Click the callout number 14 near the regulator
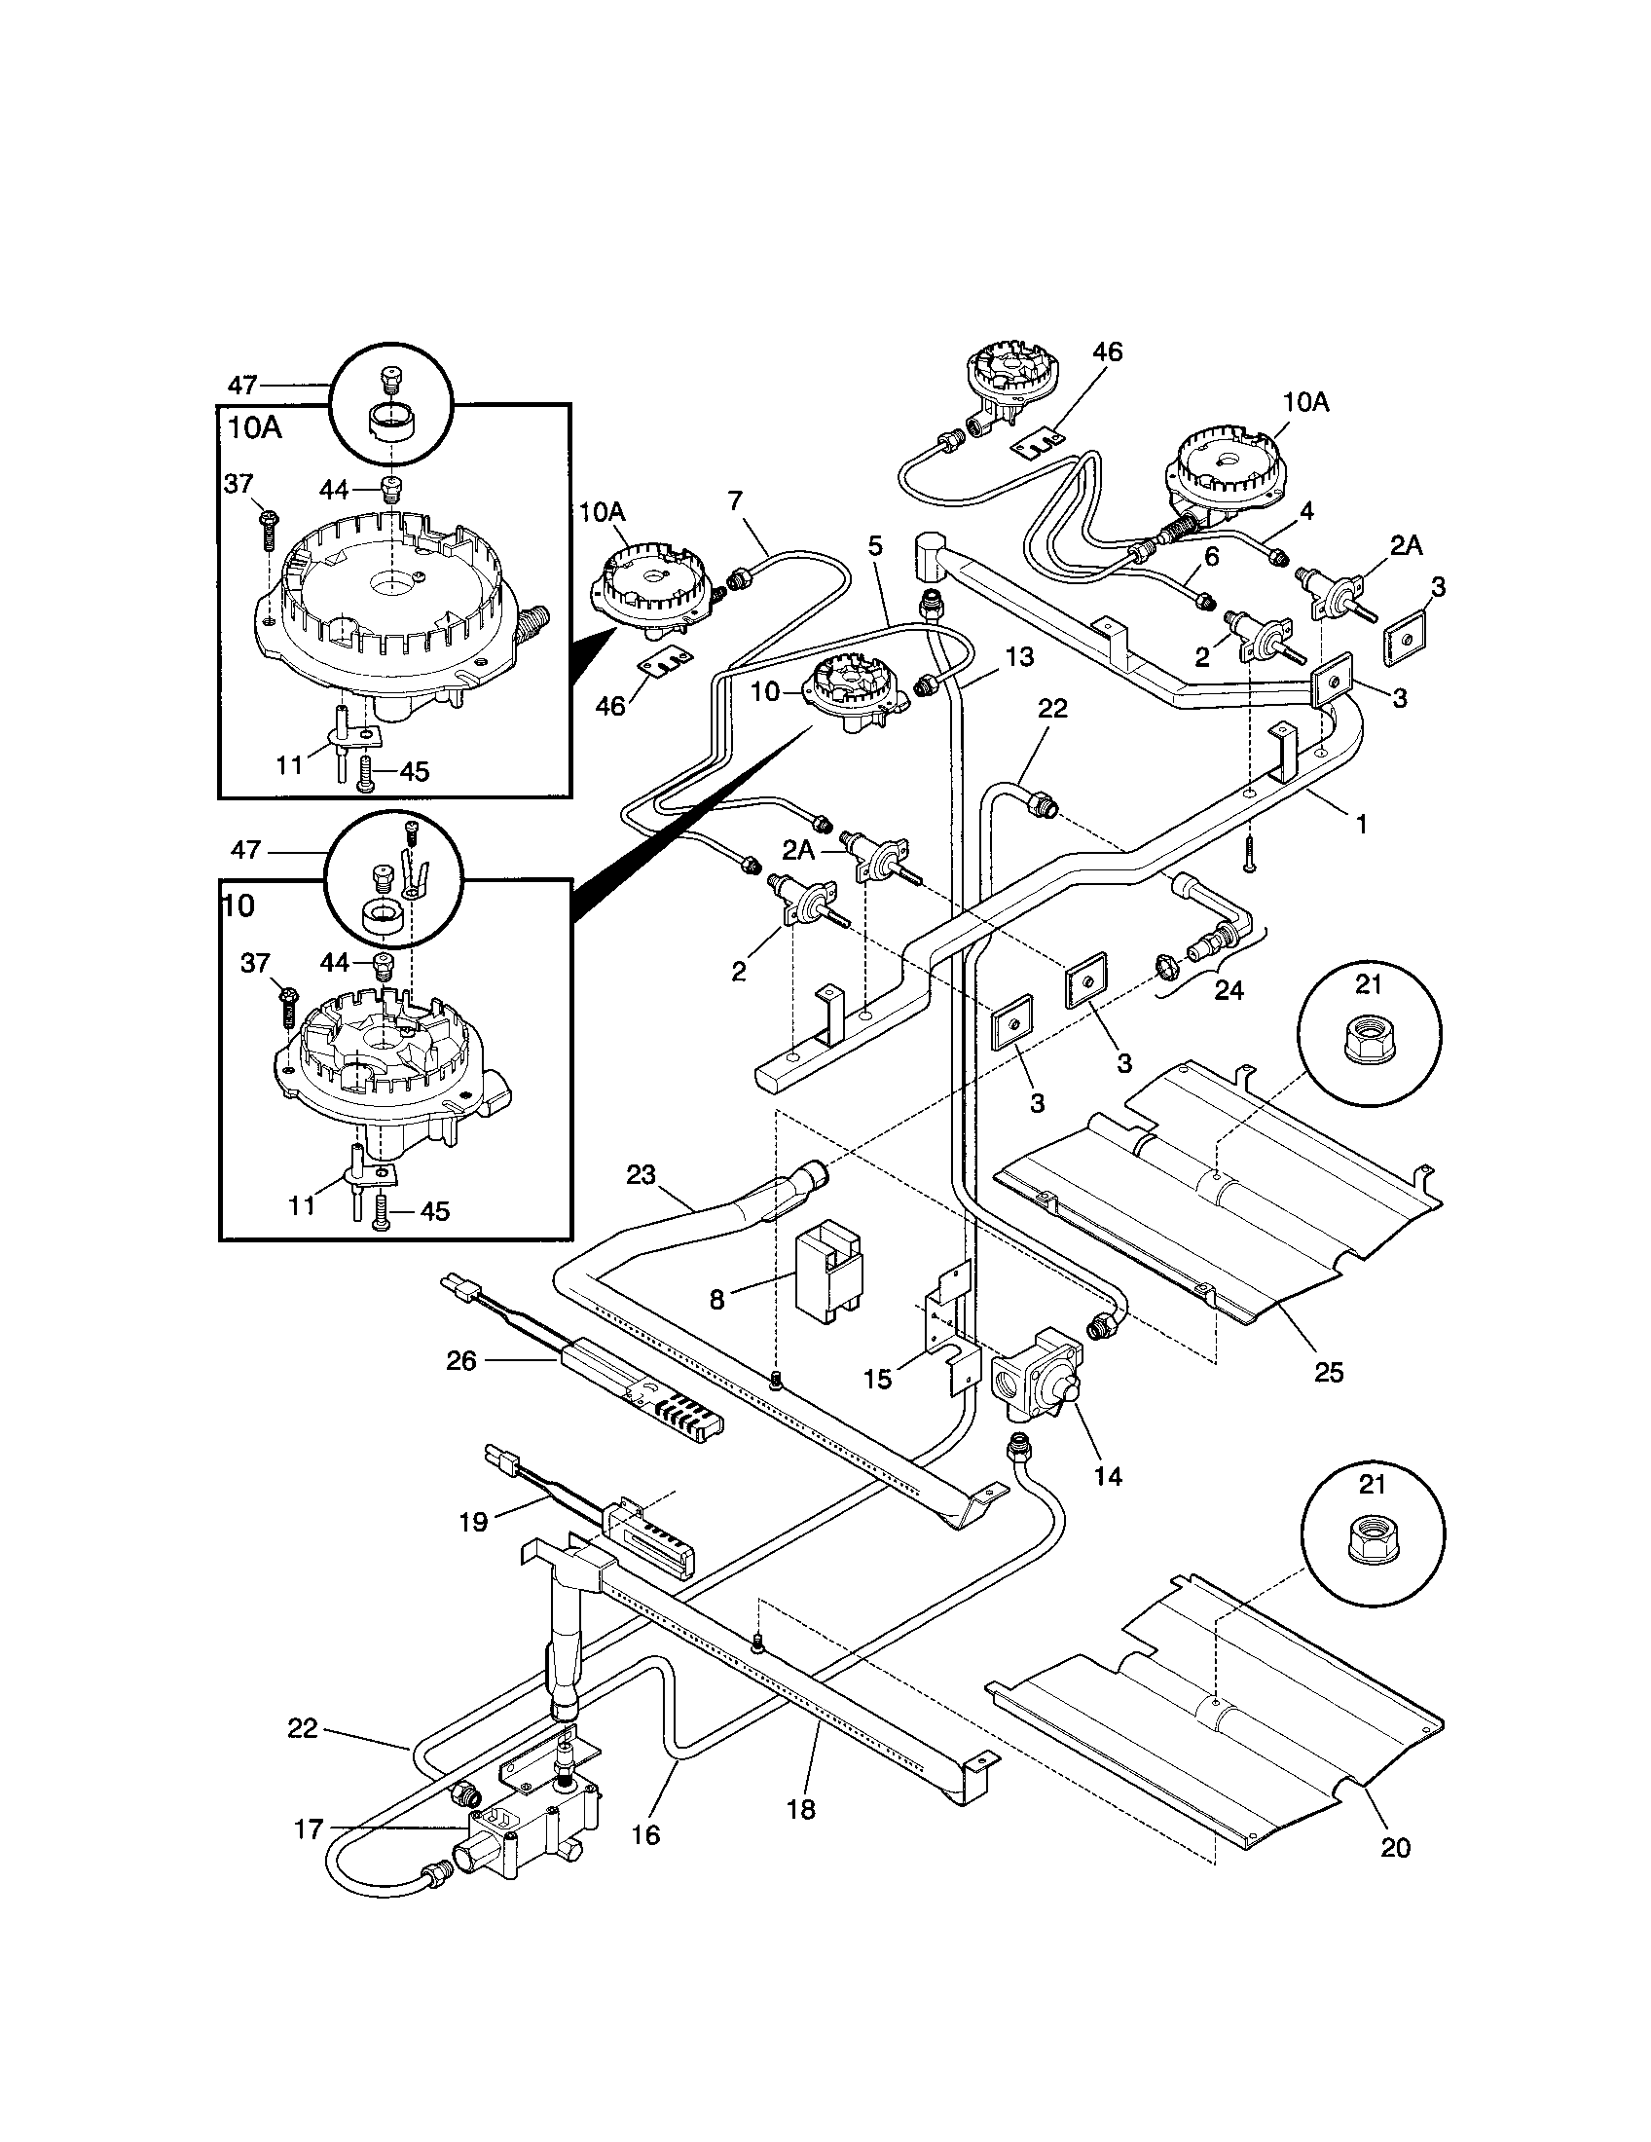click(x=1108, y=1475)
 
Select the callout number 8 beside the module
click(x=716, y=1300)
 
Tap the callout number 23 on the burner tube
click(x=641, y=1174)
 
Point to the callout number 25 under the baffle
click(x=1329, y=1372)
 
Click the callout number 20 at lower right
click(x=1395, y=1847)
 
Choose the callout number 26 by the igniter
click(x=460, y=1360)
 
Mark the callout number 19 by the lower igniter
click(x=472, y=1521)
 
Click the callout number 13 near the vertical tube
click(x=1019, y=657)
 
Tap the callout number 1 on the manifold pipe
click(x=1361, y=824)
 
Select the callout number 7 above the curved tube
click(x=735, y=501)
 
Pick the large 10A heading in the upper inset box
click(x=255, y=428)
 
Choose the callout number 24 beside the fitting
click(x=1229, y=990)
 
